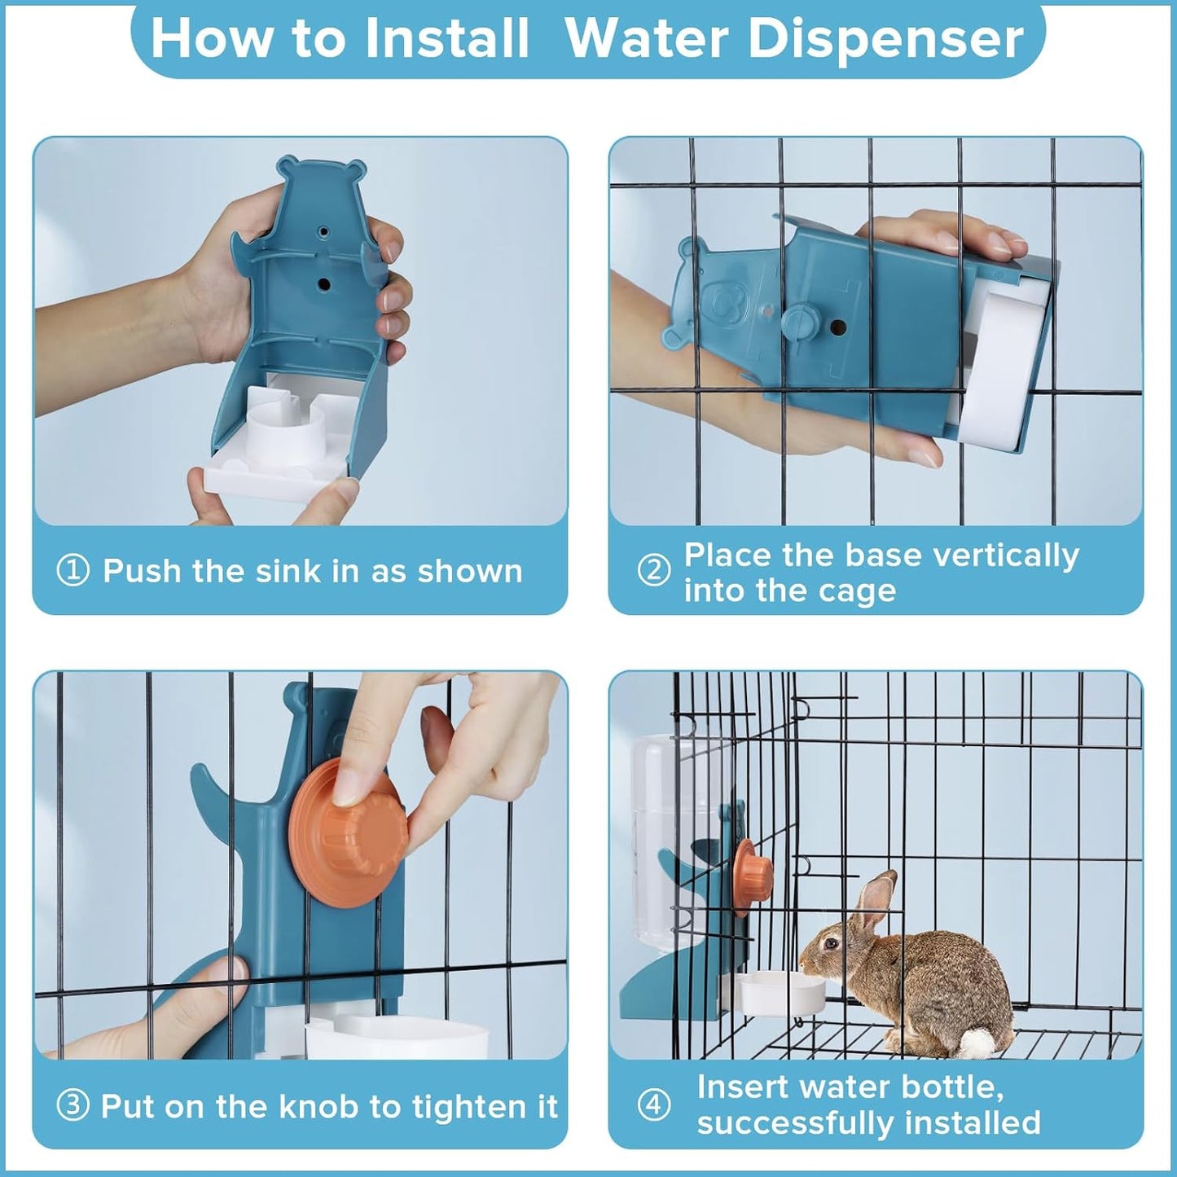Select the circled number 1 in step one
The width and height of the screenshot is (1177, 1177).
72,570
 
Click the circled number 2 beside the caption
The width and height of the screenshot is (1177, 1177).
653,570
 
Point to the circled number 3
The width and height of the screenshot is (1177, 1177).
72,1105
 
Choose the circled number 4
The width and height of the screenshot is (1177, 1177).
653,1105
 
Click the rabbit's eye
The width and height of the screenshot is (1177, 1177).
831,944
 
